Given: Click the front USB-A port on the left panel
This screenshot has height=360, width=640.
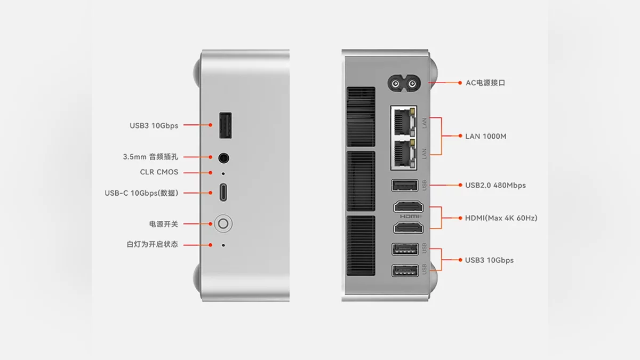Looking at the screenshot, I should [x=225, y=126].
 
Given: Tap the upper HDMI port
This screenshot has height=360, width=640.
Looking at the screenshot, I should [x=408, y=207].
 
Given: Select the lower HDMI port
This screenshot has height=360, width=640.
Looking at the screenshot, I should [x=408, y=228].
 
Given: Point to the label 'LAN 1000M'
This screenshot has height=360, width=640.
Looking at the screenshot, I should [x=485, y=137].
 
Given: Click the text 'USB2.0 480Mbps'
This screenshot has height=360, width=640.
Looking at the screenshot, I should [x=495, y=186].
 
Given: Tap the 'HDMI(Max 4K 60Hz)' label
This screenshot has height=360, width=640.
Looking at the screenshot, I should [x=501, y=218].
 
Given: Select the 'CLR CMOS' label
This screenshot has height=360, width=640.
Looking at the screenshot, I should [x=159, y=172].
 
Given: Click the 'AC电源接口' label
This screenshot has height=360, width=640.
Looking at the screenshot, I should [x=485, y=83].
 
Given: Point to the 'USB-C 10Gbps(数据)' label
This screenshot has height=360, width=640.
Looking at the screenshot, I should [x=141, y=193].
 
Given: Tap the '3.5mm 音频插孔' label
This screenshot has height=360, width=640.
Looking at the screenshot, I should [x=150, y=157].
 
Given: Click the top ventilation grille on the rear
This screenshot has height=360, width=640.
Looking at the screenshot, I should [x=361, y=117].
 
